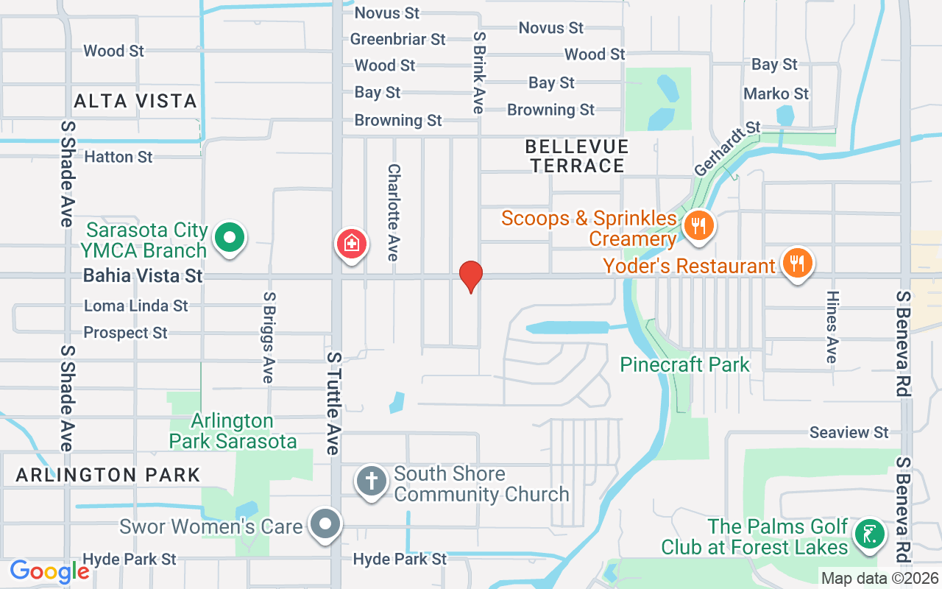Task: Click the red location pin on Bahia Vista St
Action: [x=470, y=276]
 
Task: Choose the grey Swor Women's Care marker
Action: [x=325, y=526]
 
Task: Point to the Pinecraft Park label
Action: [x=684, y=364]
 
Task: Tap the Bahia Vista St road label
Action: [x=143, y=276]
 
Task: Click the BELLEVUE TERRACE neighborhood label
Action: [x=577, y=156]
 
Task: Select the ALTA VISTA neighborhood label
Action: [x=135, y=101]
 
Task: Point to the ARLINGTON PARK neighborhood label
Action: [x=108, y=475]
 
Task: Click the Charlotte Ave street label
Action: [x=393, y=212]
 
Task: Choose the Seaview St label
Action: [x=849, y=432]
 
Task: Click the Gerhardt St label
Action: [x=726, y=149]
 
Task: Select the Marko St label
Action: [x=776, y=94]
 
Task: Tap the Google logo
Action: [x=49, y=571]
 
